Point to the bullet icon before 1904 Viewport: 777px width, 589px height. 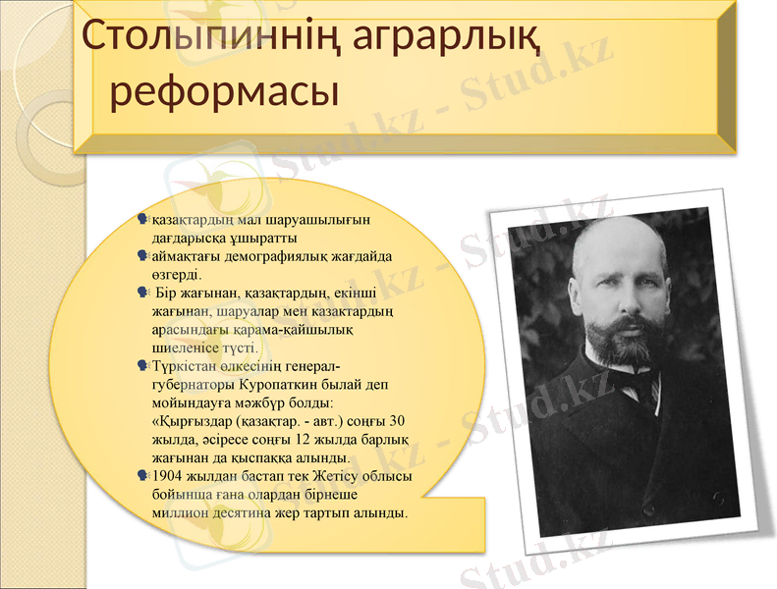pyautogui.click(x=144, y=477)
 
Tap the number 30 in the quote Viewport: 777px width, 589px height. pyautogui.click(x=383, y=421)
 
